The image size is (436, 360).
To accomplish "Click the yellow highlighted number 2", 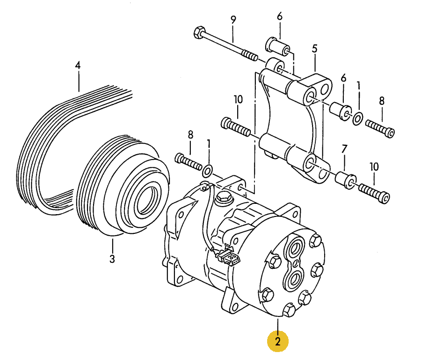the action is tap(278, 341).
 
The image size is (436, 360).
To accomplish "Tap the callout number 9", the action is tap(233, 20).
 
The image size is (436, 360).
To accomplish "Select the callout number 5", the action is tap(314, 49).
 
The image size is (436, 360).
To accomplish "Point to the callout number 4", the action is tap(78, 65).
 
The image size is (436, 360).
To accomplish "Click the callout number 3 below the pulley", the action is tap(112, 259).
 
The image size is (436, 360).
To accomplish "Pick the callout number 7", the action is tap(344, 149).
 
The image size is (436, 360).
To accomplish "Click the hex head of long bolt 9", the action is tap(199, 32).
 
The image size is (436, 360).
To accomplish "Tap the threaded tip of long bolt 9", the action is tap(250, 56).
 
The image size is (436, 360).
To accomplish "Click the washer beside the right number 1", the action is tap(357, 119).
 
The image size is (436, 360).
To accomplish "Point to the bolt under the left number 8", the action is tap(189, 162).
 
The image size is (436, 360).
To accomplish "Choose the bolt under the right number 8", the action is tap(380, 129).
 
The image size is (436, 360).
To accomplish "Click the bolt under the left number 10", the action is tap(236, 127).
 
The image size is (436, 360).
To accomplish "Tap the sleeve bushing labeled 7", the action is tap(346, 180).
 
